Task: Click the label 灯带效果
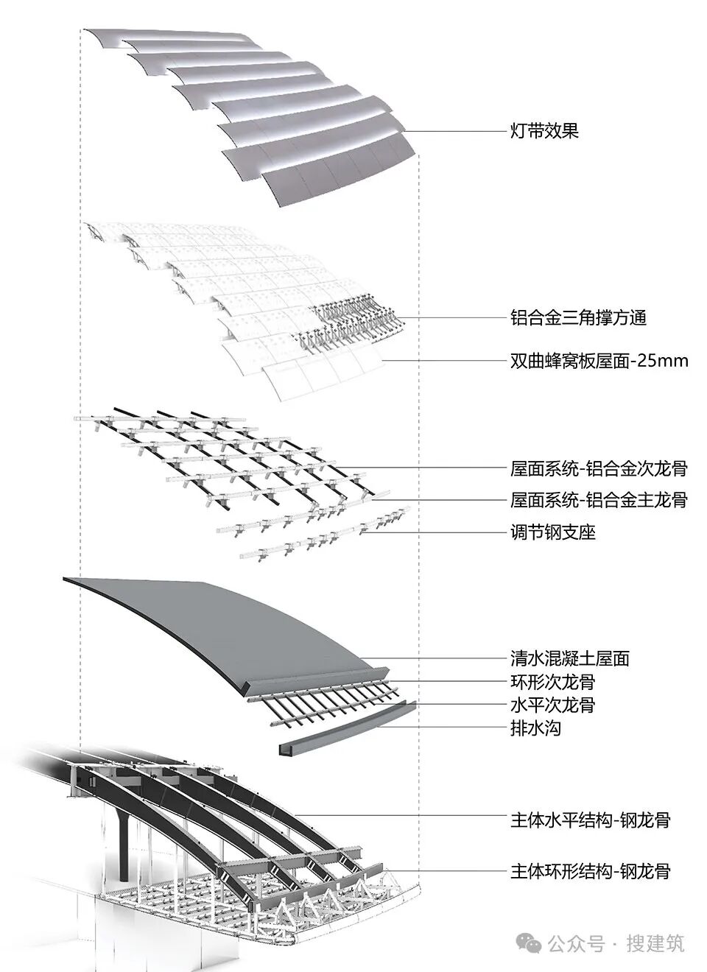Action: click(x=544, y=132)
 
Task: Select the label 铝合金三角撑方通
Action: click(x=578, y=318)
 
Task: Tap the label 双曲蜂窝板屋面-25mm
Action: click(x=599, y=361)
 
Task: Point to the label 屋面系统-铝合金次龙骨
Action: click(x=599, y=468)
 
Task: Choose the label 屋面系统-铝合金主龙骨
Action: click(x=599, y=500)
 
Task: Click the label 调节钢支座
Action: click(x=552, y=532)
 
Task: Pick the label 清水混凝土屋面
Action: click(x=570, y=658)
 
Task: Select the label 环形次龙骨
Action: click(x=552, y=682)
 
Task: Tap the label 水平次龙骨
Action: click(x=552, y=705)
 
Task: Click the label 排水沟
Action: click(x=535, y=729)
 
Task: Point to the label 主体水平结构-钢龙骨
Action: click(x=590, y=820)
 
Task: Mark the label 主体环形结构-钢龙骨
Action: click(x=590, y=872)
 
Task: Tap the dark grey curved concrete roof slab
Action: click(x=221, y=626)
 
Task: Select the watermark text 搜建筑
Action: click(x=655, y=943)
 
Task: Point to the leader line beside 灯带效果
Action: click(x=457, y=132)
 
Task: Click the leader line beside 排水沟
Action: click(x=449, y=728)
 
